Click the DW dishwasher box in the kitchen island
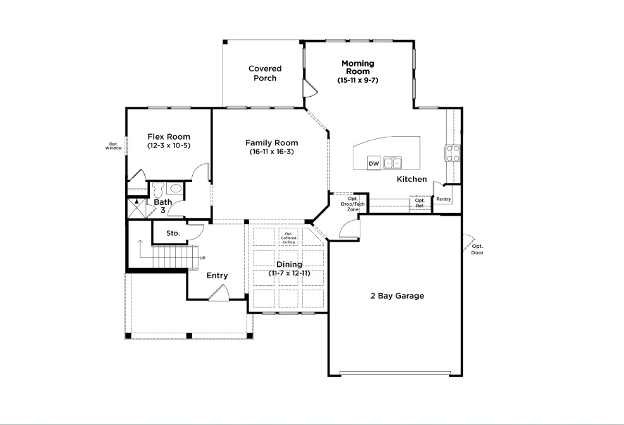click(x=374, y=163)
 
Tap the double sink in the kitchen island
click(x=393, y=163)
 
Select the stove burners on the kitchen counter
click(x=453, y=153)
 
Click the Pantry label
click(x=443, y=199)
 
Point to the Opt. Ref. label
click(x=420, y=203)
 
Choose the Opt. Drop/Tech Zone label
click(x=353, y=204)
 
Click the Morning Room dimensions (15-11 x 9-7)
click(x=358, y=80)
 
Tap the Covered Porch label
click(x=265, y=73)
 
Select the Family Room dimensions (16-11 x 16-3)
click(x=272, y=152)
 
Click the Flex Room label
click(x=169, y=137)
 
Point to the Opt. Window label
click(x=113, y=146)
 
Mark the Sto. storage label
click(x=173, y=233)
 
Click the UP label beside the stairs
click(x=202, y=258)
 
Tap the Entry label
click(x=217, y=275)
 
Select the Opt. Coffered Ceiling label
click(x=288, y=238)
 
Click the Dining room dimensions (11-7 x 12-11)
click(x=290, y=273)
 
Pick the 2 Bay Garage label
click(x=397, y=296)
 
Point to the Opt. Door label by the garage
click(x=477, y=250)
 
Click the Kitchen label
click(x=412, y=179)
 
